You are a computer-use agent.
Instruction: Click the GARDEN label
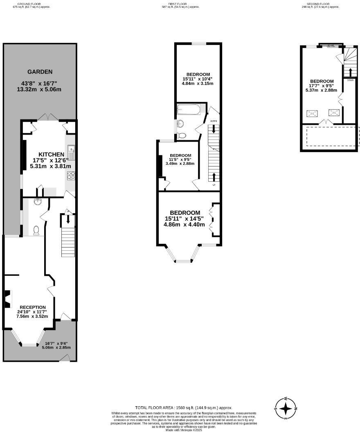pos(40,72)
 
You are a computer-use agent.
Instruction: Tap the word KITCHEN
pos(52,154)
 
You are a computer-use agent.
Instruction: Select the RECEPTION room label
pos(32,307)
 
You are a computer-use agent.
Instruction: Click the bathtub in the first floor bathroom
pos(189,110)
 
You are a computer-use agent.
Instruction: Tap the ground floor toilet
pos(36,230)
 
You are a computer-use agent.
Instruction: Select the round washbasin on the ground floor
pos(38,201)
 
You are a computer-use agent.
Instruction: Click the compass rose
pos(286,408)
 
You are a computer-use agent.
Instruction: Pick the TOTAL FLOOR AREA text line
pos(184,407)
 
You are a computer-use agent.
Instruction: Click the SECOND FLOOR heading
pos(317,4)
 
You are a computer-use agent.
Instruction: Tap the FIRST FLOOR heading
pos(180,4)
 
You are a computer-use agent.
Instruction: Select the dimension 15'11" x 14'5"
pos(184,219)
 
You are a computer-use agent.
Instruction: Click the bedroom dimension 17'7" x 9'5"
pos(322,86)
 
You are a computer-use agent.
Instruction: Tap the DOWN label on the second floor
pos(350,81)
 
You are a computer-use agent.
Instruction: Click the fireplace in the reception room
pos(7,299)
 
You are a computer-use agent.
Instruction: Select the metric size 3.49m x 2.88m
pos(180,163)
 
